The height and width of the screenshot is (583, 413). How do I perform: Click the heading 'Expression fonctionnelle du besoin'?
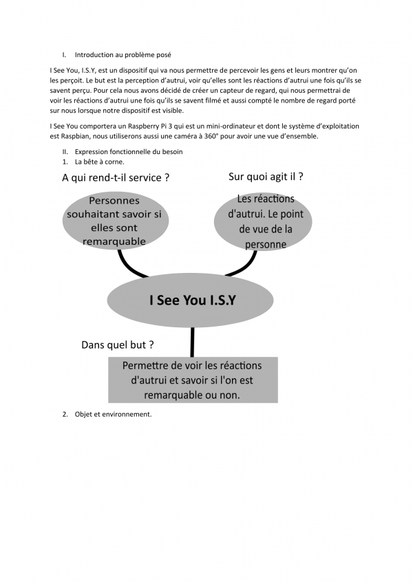pos(129,151)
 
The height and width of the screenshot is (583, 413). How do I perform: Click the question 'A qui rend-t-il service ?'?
pos(116,177)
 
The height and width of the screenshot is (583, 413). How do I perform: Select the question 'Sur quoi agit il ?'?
pos(266,177)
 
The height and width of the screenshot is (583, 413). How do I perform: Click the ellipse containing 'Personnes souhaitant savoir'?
pos(114,221)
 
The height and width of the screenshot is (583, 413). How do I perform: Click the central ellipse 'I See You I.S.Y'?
pos(192,300)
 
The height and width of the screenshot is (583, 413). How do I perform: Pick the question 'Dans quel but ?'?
pos(117,344)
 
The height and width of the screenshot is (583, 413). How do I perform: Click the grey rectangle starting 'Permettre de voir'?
pos(192,380)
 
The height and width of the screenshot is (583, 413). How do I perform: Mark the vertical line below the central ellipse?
pos(192,342)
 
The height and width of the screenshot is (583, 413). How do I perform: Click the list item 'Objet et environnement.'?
pos(113,415)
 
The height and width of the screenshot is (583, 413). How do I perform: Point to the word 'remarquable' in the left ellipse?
pos(114,241)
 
